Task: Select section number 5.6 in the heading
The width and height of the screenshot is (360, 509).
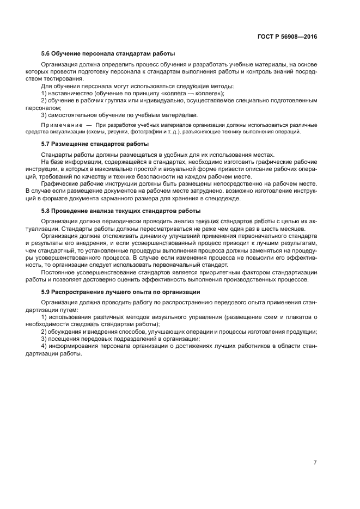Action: [46, 54]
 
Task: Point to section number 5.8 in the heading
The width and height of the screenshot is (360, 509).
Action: [46, 210]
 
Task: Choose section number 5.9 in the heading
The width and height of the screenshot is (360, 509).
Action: [46, 292]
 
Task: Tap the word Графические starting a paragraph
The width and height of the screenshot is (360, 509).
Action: [59, 184]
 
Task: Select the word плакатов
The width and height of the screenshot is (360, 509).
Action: [291, 317]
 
